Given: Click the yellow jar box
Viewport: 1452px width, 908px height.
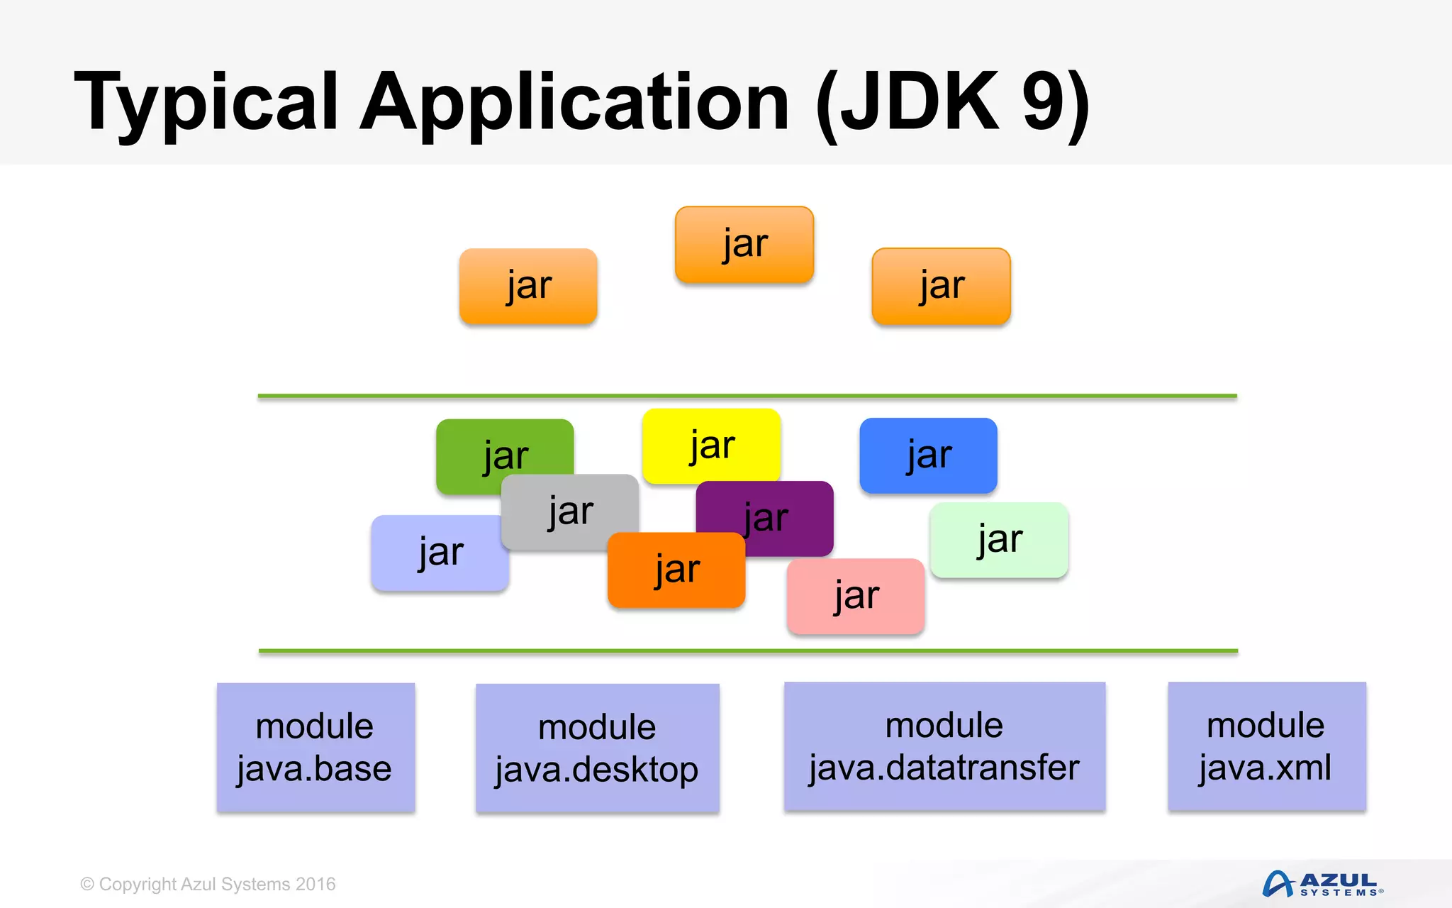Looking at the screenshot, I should pos(711,445).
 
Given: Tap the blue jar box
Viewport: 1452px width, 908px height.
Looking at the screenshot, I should pos(928,455).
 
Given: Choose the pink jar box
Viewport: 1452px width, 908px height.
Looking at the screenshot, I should pos(856,596).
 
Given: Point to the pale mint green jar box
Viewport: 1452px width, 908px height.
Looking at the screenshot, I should pos(999,540).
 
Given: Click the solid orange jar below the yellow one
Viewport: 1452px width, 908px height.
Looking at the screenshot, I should pos(676,570).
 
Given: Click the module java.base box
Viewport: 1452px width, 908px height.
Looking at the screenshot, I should pos(315,747).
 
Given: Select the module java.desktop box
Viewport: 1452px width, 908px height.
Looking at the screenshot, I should pos(597,748).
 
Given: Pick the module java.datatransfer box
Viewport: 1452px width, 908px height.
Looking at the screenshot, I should pos(944,746).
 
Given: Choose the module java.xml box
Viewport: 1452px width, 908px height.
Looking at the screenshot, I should pos(1266,746).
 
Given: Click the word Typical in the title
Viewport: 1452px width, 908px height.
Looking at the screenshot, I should pos(206,103).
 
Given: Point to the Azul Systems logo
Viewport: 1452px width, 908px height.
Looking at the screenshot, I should pos(1322,884).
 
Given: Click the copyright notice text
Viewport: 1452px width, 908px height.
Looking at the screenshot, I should pos(208,884).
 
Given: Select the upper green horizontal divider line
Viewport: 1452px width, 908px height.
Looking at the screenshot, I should pos(747,396).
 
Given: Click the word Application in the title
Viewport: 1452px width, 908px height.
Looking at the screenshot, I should pos(574,103).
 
